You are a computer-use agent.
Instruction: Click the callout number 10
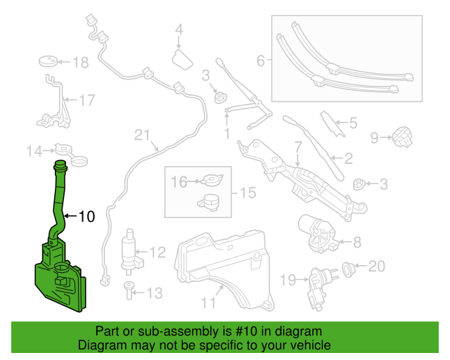(x=86, y=217)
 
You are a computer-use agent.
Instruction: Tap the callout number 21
(x=143, y=135)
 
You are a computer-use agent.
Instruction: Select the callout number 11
(x=208, y=303)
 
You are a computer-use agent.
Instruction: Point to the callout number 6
(x=260, y=61)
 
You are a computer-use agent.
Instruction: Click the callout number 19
(x=288, y=281)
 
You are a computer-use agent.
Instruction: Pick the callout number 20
(x=377, y=266)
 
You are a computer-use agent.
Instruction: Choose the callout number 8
(x=356, y=243)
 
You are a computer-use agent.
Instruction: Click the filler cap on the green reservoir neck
(x=60, y=166)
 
